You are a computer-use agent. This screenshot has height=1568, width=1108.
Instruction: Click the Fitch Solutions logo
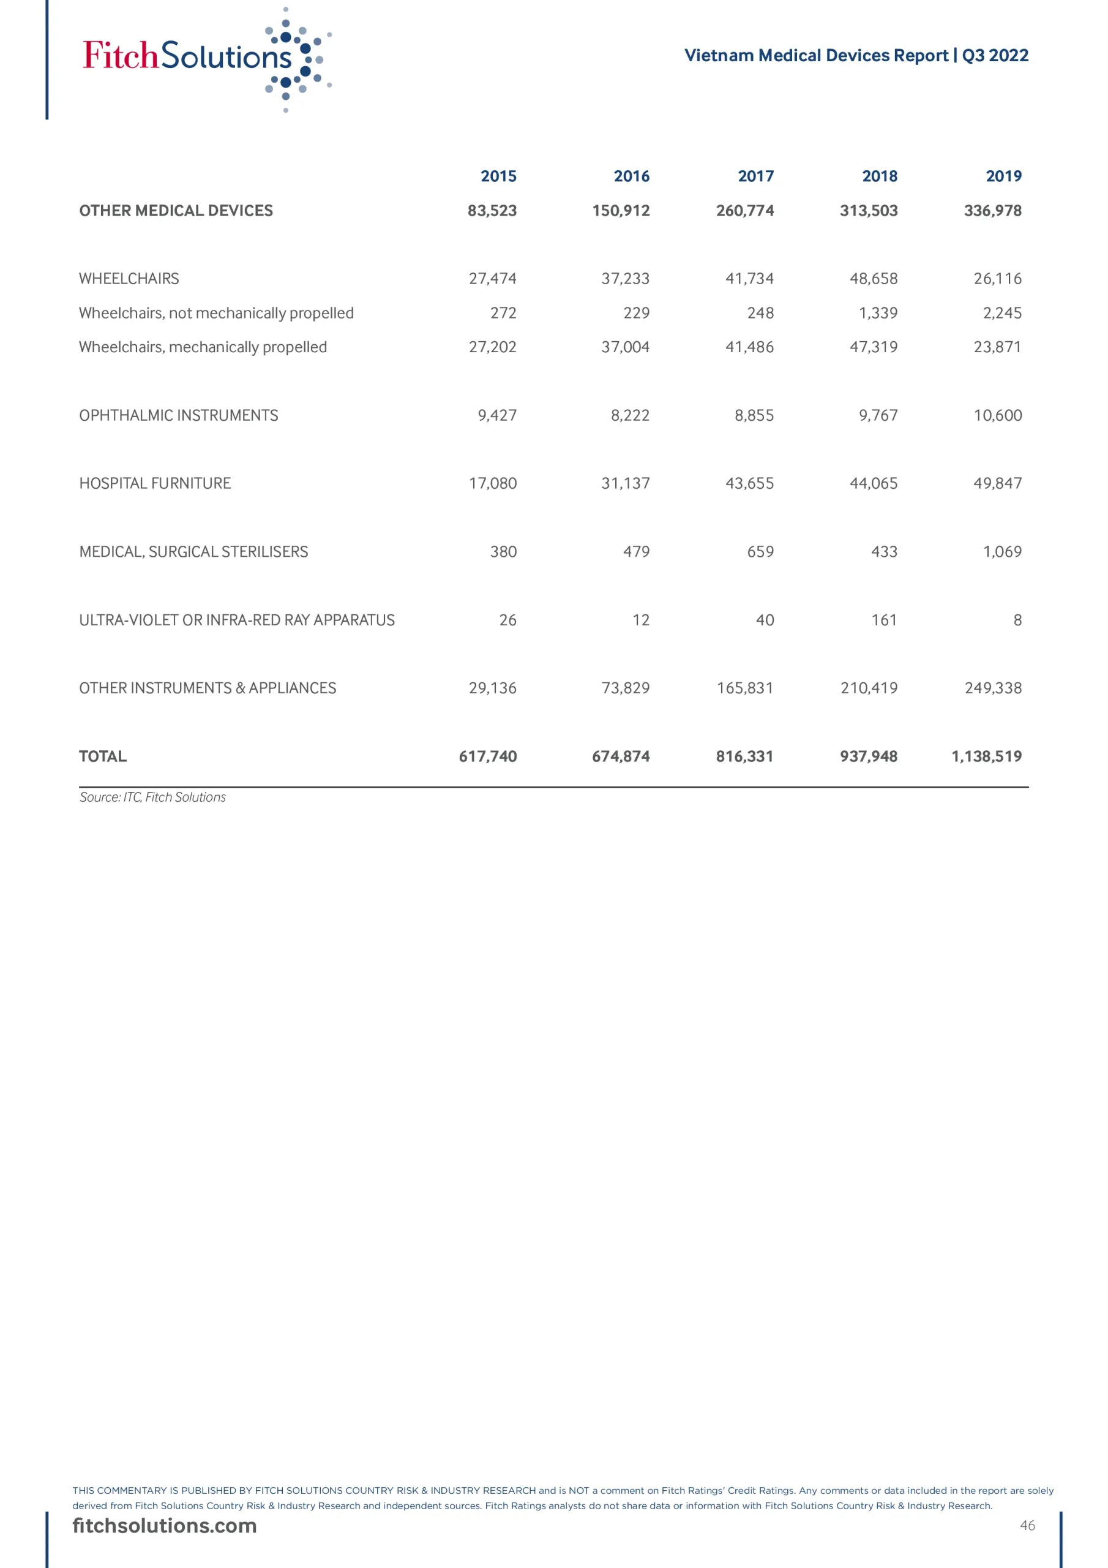point(205,59)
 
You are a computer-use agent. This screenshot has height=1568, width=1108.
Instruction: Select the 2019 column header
point(1003,176)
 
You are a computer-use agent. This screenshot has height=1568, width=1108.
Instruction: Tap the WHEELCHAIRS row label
point(129,279)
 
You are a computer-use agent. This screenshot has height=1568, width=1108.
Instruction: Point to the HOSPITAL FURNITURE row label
point(155,483)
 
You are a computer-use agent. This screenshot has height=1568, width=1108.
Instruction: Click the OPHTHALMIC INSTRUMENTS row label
point(178,415)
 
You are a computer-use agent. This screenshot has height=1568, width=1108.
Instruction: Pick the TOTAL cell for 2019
point(986,756)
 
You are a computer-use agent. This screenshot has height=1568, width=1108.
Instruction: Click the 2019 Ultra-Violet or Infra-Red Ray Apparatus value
point(1017,620)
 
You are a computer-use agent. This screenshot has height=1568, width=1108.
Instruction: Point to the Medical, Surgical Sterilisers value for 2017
point(760,552)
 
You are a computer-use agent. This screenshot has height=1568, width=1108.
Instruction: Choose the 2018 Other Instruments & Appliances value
point(869,688)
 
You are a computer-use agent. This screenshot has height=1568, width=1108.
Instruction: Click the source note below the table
point(152,797)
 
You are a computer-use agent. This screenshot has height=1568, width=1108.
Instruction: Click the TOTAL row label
point(102,756)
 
